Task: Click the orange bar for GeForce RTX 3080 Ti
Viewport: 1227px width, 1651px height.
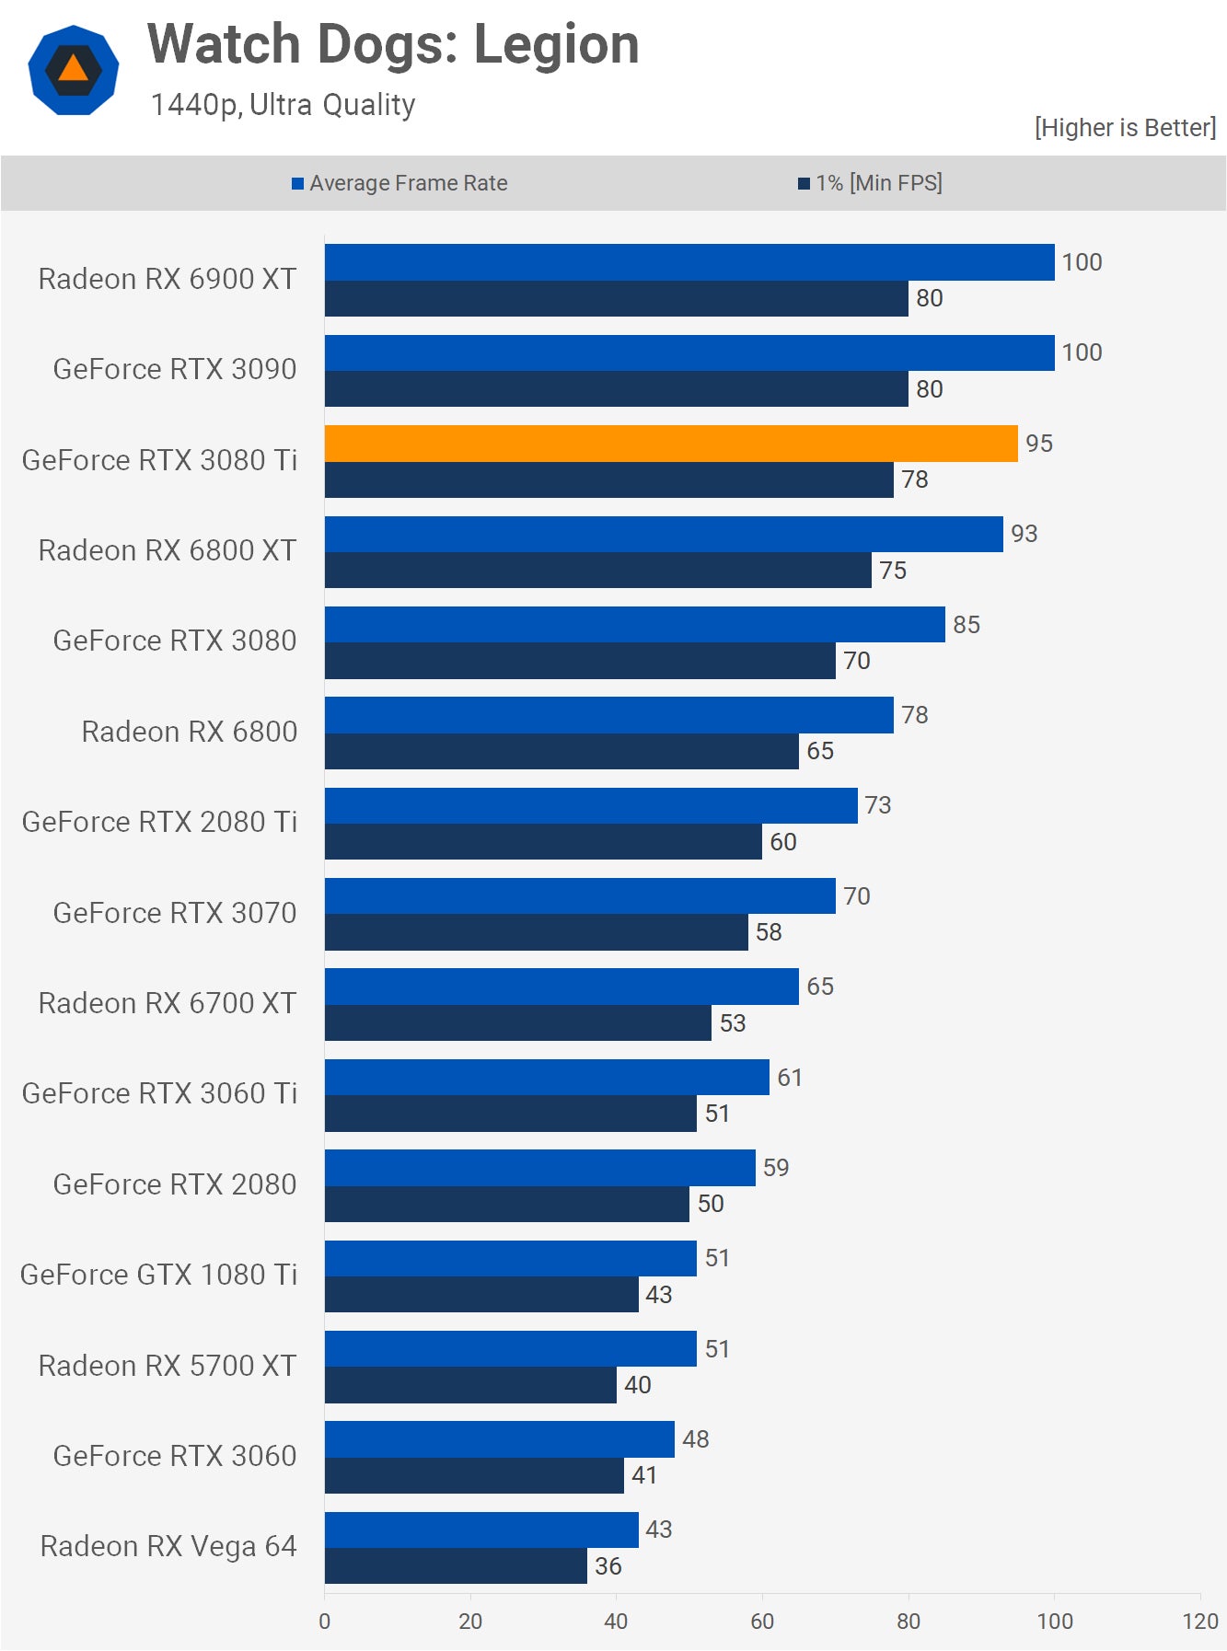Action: point(671,444)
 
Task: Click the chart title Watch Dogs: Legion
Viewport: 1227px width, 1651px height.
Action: point(393,44)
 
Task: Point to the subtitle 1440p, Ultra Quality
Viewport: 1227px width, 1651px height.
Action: point(283,105)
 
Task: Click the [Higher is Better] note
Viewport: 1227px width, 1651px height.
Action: point(1125,128)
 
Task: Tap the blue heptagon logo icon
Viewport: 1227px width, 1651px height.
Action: point(74,70)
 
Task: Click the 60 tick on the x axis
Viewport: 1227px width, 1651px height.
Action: point(762,1622)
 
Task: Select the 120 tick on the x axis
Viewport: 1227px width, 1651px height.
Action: point(1200,1622)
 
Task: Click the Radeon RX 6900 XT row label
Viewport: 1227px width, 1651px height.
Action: point(168,279)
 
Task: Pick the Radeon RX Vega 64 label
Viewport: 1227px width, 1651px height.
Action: point(168,1546)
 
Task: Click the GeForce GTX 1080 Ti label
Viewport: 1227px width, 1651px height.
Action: point(159,1275)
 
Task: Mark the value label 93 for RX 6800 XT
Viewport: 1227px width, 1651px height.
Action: point(1024,534)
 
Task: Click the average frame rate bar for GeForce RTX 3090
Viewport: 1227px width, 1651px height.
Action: point(689,353)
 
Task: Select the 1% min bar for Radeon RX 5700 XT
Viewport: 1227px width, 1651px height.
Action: point(470,1385)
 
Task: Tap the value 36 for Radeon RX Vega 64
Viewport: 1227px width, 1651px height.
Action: point(608,1566)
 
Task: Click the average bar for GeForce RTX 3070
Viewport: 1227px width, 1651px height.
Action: point(580,896)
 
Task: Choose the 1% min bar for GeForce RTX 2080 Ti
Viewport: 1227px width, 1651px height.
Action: point(543,842)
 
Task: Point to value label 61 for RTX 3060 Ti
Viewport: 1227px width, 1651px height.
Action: point(790,1078)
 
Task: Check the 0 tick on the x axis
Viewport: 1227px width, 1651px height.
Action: point(324,1622)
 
